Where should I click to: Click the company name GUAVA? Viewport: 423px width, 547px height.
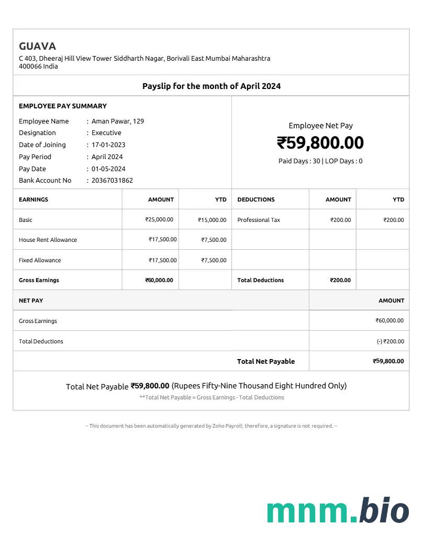[37, 46]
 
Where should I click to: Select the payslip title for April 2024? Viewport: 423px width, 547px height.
[211, 86]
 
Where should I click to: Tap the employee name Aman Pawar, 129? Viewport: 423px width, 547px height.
[118, 121]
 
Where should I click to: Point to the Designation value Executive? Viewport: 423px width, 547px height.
[106, 133]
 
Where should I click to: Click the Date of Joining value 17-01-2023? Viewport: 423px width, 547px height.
[108, 145]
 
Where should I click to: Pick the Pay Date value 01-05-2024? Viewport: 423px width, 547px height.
[108, 169]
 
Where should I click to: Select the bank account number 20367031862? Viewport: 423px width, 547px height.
[112, 181]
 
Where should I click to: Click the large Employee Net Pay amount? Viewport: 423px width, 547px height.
[320, 143]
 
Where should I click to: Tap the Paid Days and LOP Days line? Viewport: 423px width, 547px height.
[320, 161]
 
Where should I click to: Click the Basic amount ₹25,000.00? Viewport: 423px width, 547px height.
[159, 220]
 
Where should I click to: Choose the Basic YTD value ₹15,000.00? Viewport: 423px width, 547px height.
[212, 220]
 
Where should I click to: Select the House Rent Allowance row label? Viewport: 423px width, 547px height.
[48, 240]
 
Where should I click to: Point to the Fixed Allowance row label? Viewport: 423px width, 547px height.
[40, 260]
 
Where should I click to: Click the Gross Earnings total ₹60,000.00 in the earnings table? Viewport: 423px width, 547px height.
[159, 280]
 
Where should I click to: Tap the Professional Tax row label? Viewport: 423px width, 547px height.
[259, 220]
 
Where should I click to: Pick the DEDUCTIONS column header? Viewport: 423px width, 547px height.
[256, 199]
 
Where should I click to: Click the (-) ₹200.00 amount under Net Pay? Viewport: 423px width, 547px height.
[390, 341]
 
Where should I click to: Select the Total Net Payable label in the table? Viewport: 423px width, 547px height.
[266, 361]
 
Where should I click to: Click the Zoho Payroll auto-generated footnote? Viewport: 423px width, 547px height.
[211, 426]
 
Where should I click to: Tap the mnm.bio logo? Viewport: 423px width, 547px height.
[338, 511]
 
